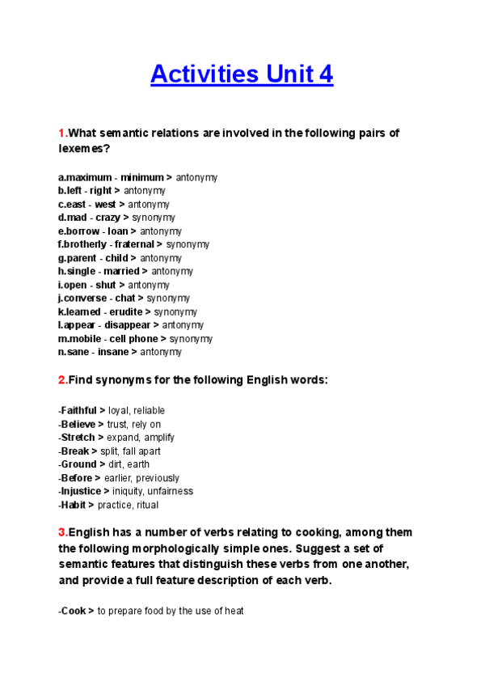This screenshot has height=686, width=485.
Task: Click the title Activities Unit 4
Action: pos(242,75)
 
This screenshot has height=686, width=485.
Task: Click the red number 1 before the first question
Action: pos(61,133)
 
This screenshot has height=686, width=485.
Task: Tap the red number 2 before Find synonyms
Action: pos(61,379)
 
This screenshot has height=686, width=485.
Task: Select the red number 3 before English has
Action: pos(61,532)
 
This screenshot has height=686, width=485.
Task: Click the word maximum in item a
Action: pos(89,177)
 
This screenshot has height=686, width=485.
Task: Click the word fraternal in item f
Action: pos(134,244)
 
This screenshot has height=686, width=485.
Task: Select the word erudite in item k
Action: pos(126,311)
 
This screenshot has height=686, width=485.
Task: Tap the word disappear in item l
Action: pos(126,325)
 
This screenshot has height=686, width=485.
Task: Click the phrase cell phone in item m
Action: pos(134,339)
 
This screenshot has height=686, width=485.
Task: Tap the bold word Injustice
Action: pos(80,491)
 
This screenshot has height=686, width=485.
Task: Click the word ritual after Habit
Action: pos(146,505)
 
